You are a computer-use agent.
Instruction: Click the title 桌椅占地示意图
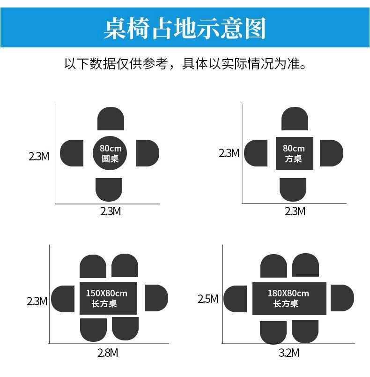(x=185, y=29)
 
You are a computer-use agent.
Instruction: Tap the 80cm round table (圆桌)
(x=110, y=153)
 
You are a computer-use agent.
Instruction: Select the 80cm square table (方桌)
(x=294, y=153)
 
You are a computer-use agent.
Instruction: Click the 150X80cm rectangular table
(x=108, y=298)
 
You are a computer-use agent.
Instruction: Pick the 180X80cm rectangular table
(x=289, y=298)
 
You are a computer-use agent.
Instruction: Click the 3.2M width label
(x=289, y=353)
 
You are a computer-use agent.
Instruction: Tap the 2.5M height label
(x=208, y=299)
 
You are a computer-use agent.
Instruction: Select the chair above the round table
(x=111, y=119)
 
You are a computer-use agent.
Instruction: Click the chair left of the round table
(x=72, y=153)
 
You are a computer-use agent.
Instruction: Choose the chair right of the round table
(x=147, y=153)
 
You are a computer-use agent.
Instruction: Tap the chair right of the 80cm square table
(x=331, y=153)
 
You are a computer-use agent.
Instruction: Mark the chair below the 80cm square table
(x=293, y=189)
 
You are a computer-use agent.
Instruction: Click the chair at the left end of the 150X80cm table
(x=63, y=299)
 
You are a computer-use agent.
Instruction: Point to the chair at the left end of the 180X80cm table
(x=236, y=299)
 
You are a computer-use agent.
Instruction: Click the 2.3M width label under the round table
(x=111, y=211)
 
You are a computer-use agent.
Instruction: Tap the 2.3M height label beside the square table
(x=229, y=153)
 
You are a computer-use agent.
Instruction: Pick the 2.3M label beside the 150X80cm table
(x=37, y=301)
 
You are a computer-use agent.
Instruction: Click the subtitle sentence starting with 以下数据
(x=185, y=63)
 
